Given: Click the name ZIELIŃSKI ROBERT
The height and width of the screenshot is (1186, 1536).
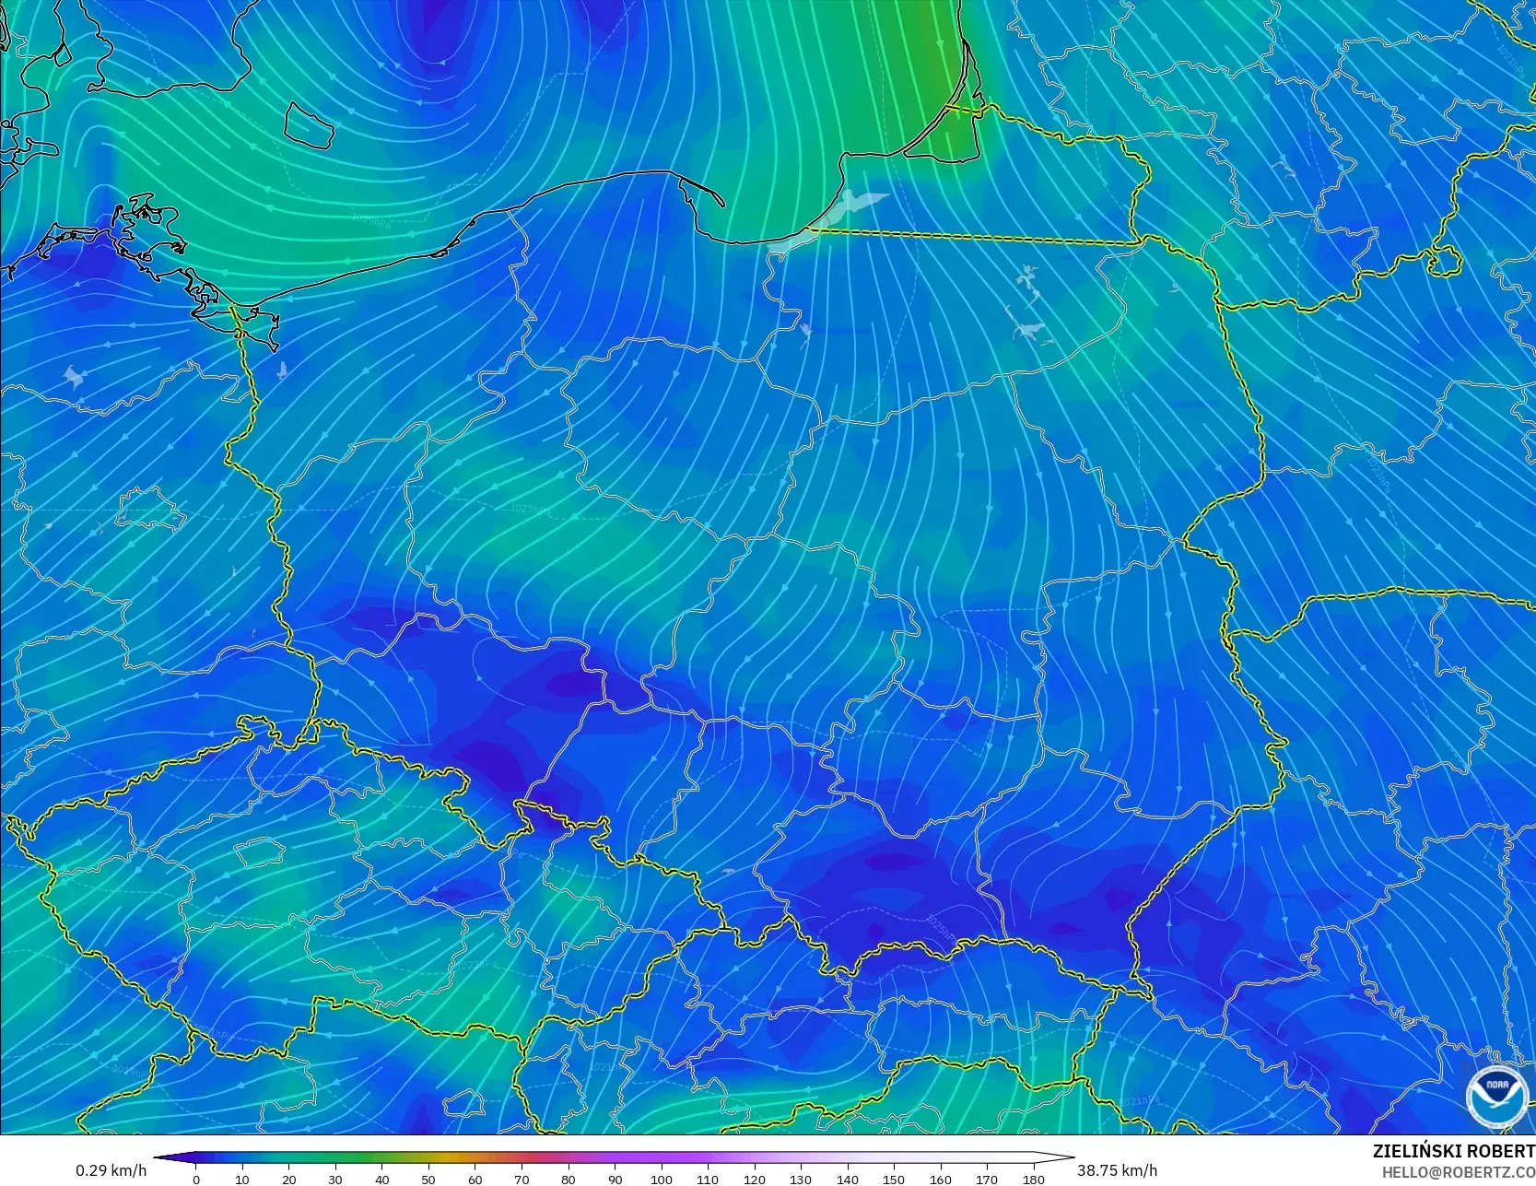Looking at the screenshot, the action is pos(1453,1151).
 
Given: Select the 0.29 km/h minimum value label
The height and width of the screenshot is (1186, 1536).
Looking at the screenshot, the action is pos(111,1170).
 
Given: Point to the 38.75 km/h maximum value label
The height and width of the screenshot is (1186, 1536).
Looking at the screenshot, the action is pos(1117,1170).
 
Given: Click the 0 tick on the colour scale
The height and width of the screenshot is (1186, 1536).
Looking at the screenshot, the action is pos(196,1179).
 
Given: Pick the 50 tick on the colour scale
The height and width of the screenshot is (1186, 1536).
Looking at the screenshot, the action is pos(428,1179).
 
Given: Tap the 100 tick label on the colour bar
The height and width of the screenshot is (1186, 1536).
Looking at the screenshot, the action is pos(661,1179).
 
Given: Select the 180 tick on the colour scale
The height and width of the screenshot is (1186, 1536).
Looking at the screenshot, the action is pos(1033,1179).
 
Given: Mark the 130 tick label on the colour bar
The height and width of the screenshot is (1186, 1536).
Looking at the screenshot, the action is pos(801,1179).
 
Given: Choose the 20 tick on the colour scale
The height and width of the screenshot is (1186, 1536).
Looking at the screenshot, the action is pos(289,1179).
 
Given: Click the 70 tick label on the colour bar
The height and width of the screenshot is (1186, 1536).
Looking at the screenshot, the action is pos(522,1179).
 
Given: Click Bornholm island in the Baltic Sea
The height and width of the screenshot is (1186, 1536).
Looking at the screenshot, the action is pos(308,125).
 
